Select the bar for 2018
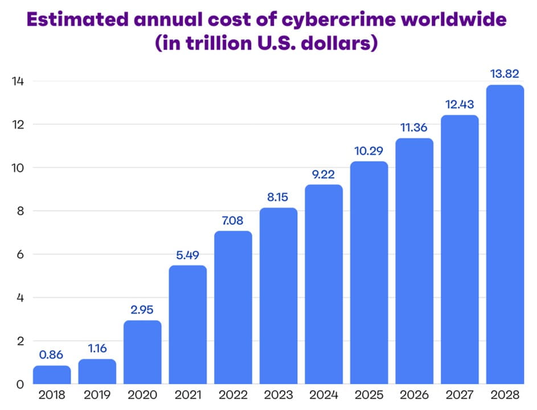click(52, 375)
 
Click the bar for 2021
click(188, 325)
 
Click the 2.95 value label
click(142, 310)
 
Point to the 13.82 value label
click(505, 74)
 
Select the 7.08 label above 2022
click(233, 220)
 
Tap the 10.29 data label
click(369, 151)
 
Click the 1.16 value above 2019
click(97, 349)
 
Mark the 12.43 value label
click(460, 105)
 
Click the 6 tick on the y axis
click(20, 255)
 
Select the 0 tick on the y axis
click(20, 384)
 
